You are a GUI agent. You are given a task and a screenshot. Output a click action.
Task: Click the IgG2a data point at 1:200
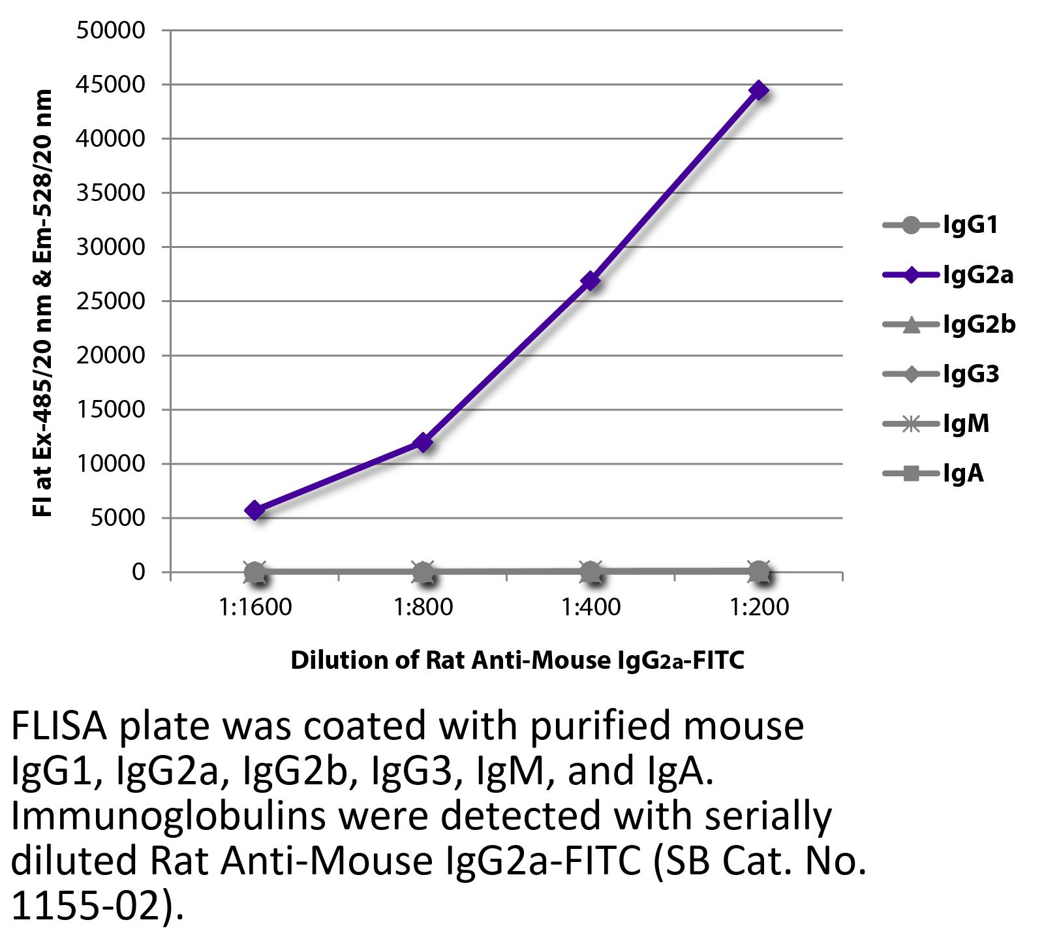click(759, 90)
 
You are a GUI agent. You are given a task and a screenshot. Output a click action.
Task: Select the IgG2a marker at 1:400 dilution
click(591, 281)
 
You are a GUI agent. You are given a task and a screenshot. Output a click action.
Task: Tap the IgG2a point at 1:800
click(423, 443)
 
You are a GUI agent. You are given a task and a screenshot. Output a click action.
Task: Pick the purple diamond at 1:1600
click(255, 510)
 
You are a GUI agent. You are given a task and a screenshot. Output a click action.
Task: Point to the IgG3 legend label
click(971, 375)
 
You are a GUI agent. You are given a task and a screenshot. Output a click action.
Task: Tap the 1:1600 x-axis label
click(255, 608)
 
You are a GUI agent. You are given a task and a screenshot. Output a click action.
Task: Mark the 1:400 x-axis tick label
click(591, 608)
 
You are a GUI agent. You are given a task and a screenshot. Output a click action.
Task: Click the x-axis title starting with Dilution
click(517, 661)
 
